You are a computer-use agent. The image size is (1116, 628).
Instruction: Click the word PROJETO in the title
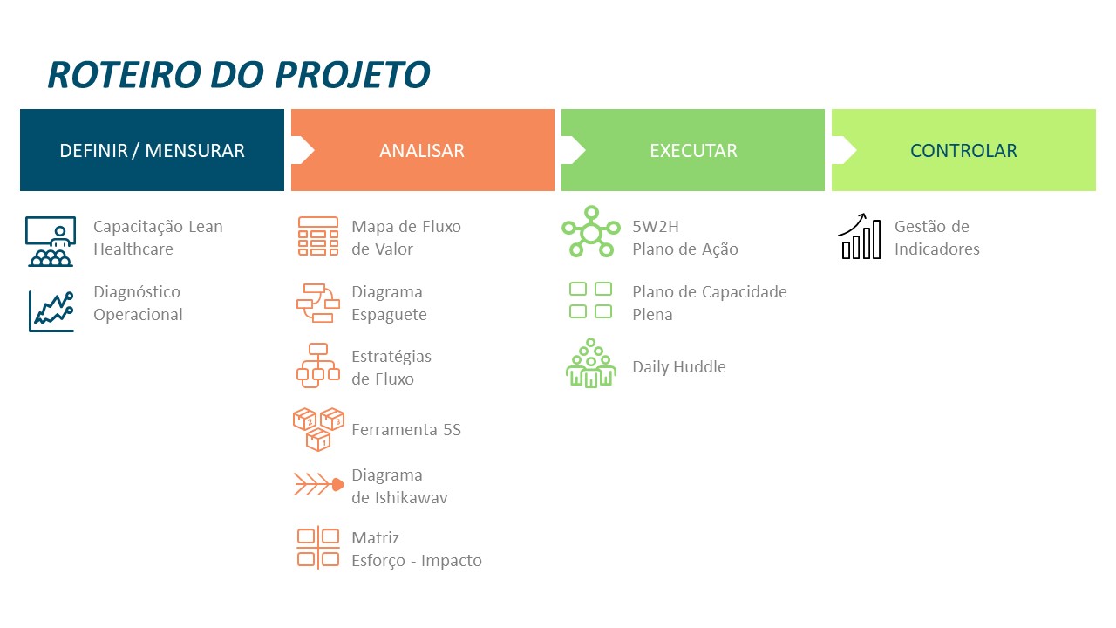pyautogui.click(x=352, y=75)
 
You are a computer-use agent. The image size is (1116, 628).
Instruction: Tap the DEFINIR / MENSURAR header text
pyautogui.click(x=152, y=151)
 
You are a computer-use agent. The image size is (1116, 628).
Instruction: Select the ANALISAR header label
pyautogui.click(x=422, y=151)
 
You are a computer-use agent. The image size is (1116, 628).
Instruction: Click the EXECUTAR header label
pyautogui.click(x=693, y=151)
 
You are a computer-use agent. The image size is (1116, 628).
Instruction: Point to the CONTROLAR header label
pyautogui.click(x=963, y=151)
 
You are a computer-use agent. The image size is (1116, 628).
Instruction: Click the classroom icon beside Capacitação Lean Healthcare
pyautogui.click(x=51, y=242)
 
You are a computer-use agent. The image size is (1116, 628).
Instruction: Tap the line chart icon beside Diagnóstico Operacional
pyautogui.click(x=51, y=311)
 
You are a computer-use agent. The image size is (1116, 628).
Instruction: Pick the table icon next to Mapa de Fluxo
pyautogui.click(x=318, y=235)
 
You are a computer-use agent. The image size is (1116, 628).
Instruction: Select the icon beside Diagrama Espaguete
pyautogui.click(x=318, y=304)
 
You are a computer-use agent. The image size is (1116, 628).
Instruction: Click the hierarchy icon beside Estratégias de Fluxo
pyautogui.click(x=318, y=365)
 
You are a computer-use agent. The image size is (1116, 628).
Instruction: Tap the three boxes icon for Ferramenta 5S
pyautogui.click(x=319, y=429)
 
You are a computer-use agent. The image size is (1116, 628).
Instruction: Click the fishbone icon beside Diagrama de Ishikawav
pyautogui.click(x=319, y=484)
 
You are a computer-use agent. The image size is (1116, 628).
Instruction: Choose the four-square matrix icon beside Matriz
pyautogui.click(x=318, y=547)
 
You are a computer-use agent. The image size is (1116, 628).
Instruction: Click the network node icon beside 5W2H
pyautogui.click(x=591, y=232)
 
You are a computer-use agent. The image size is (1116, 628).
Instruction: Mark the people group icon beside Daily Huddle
pyautogui.click(x=591, y=364)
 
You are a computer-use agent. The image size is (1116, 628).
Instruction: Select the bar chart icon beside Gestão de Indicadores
pyautogui.click(x=860, y=236)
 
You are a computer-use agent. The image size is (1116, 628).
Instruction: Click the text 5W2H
pyautogui.click(x=656, y=227)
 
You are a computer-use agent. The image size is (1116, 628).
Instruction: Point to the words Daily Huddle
pyautogui.click(x=679, y=367)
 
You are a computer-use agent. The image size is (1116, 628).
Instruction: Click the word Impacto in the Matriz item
pyautogui.click(x=452, y=561)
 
